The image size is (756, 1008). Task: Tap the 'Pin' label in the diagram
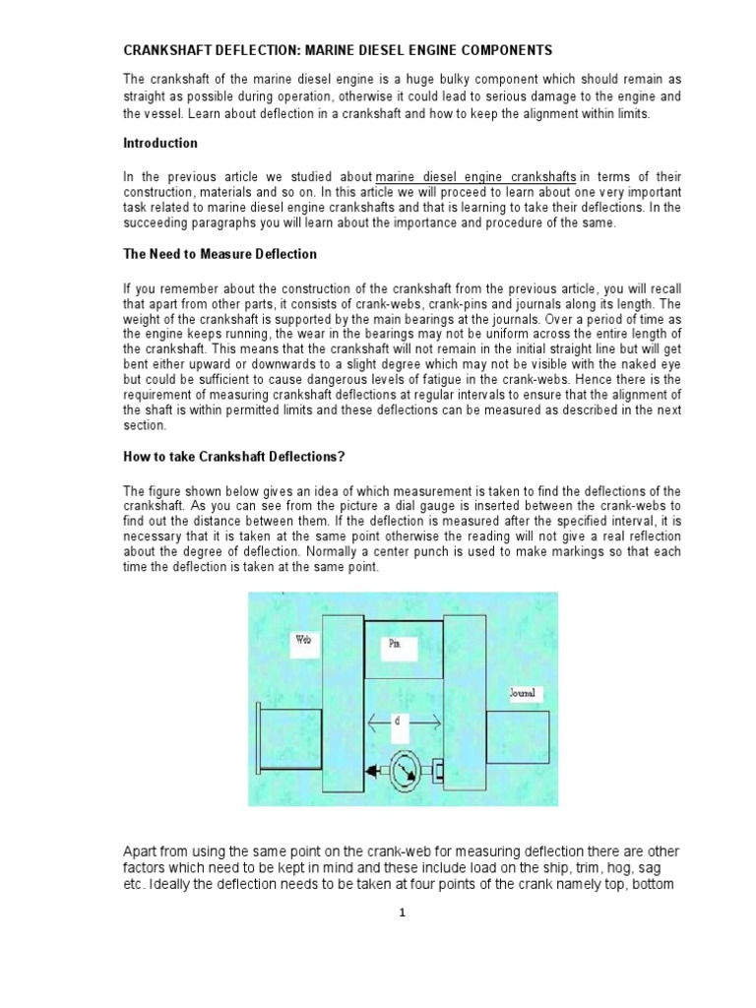[x=391, y=645]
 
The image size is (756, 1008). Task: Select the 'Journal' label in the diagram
[x=524, y=695]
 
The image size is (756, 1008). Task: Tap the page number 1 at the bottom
[x=402, y=913]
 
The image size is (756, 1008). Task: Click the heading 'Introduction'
[x=159, y=144]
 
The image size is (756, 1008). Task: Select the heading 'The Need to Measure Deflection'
[x=220, y=254]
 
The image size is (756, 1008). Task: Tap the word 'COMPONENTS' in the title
[x=502, y=49]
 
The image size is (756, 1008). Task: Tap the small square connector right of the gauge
[x=438, y=768]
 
